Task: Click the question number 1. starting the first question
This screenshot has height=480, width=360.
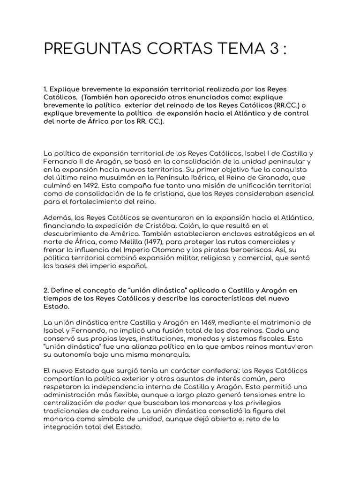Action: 45,89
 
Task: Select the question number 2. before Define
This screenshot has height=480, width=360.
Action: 45,290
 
